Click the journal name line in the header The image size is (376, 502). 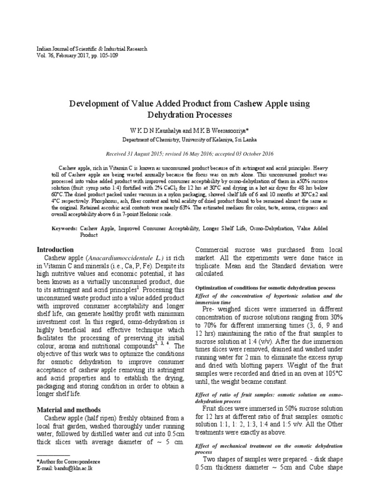[92, 49]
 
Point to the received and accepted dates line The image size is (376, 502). [188, 153]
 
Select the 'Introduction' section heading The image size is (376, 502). [56, 250]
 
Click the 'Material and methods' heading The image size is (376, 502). [69, 409]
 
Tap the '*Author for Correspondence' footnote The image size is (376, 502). [69, 461]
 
